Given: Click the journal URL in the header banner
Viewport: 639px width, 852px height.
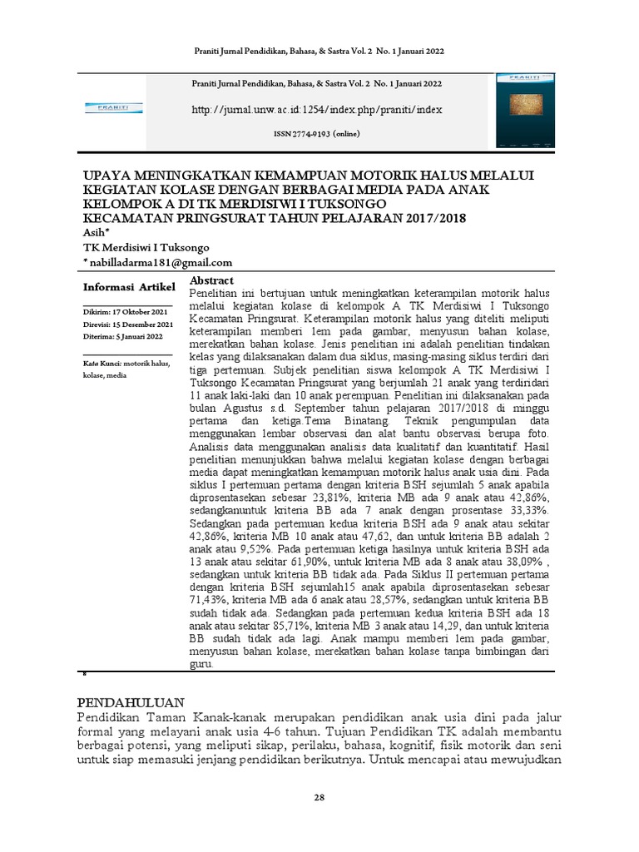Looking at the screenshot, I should [x=317, y=109].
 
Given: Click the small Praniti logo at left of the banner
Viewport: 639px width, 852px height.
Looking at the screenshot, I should [x=114, y=107].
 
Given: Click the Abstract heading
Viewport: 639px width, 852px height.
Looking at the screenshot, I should [x=212, y=280].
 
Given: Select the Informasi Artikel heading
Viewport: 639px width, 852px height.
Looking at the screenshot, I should [x=129, y=287].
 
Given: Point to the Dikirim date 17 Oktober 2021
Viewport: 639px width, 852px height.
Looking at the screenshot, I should [x=128, y=311].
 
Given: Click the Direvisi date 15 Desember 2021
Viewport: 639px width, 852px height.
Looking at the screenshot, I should [x=128, y=324].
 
